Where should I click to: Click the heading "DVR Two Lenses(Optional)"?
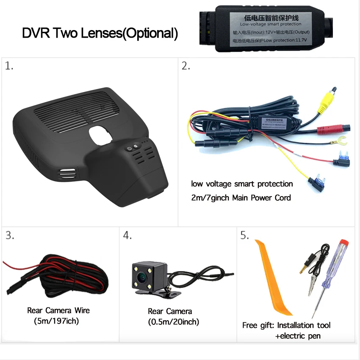click(x=100, y=33)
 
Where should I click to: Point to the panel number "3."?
click(x=10, y=235)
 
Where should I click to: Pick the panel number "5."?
click(x=244, y=235)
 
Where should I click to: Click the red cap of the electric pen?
click(x=344, y=244)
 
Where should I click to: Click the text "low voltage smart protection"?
click(x=242, y=184)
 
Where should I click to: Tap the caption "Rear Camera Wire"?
click(x=58, y=310)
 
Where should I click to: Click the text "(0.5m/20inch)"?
click(x=174, y=322)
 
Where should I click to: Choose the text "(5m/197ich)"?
click(x=56, y=321)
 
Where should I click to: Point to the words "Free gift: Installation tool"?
click(x=286, y=325)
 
